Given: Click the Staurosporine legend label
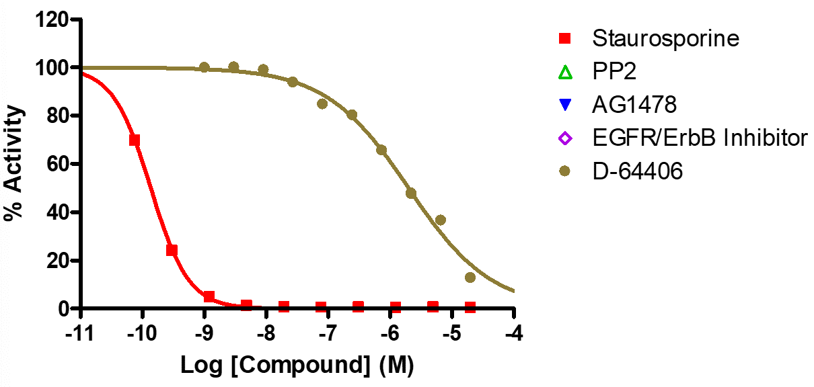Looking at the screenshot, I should coord(665,38).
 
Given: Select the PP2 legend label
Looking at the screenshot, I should coord(614,71).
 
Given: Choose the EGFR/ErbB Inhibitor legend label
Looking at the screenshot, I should coord(699,138).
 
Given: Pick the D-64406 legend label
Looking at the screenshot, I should coord(637,172).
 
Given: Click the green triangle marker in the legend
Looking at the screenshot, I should coord(565,71).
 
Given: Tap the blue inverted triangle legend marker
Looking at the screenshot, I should coord(565,105).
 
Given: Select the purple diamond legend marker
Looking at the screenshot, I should coord(565,138).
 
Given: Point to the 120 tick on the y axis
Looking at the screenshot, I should coord(52,19).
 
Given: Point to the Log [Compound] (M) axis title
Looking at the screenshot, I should coord(297,365).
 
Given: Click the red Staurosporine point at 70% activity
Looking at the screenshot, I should coord(135,140).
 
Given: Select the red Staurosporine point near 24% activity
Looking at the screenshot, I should coord(172,251).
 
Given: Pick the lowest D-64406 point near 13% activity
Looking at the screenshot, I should coord(470,277).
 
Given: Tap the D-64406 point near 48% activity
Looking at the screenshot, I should coord(411,193).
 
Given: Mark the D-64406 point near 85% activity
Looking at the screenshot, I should coord(322,103).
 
